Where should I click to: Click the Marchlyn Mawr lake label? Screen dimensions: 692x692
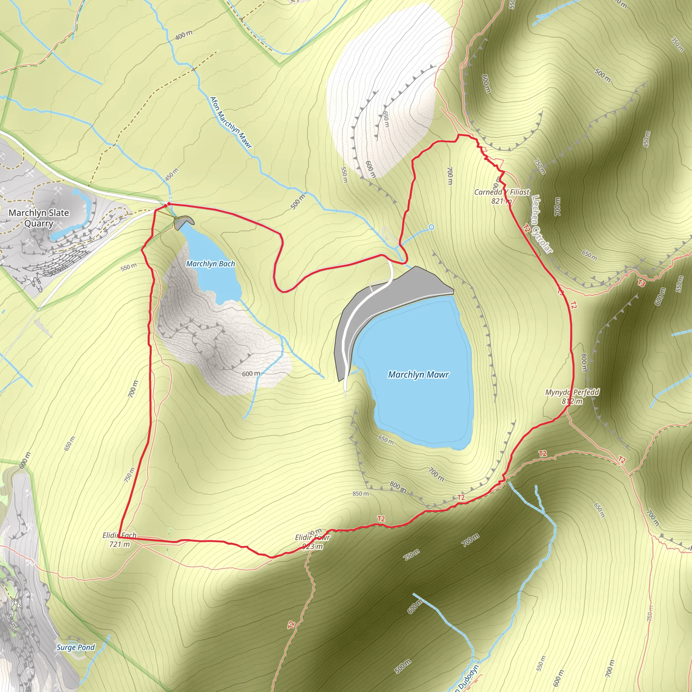click(x=418, y=375)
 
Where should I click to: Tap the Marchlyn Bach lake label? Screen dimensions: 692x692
click(x=211, y=264)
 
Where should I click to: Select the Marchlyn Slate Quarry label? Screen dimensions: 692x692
click(x=39, y=218)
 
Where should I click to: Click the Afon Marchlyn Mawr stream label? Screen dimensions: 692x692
click(x=231, y=122)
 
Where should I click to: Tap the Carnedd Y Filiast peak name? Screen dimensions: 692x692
click(x=501, y=192)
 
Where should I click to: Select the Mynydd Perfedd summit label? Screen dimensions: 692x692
click(x=572, y=392)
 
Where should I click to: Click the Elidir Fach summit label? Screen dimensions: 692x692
click(x=119, y=535)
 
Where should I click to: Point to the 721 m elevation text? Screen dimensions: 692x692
click(x=120, y=544)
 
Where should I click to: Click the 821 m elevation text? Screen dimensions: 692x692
click(x=501, y=201)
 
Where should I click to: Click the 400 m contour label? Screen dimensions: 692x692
click(x=184, y=35)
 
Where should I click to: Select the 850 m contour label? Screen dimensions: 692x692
click(x=360, y=494)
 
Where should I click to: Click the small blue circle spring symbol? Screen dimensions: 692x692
click(x=431, y=227)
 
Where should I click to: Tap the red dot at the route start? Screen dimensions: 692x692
click(x=168, y=204)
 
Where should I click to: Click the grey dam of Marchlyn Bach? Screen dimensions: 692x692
click(x=184, y=221)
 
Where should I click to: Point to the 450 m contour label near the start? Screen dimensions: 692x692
click(x=172, y=174)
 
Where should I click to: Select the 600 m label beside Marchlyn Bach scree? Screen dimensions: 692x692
click(x=251, y=374)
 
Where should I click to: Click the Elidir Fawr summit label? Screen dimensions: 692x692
click(x=312, y=537)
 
